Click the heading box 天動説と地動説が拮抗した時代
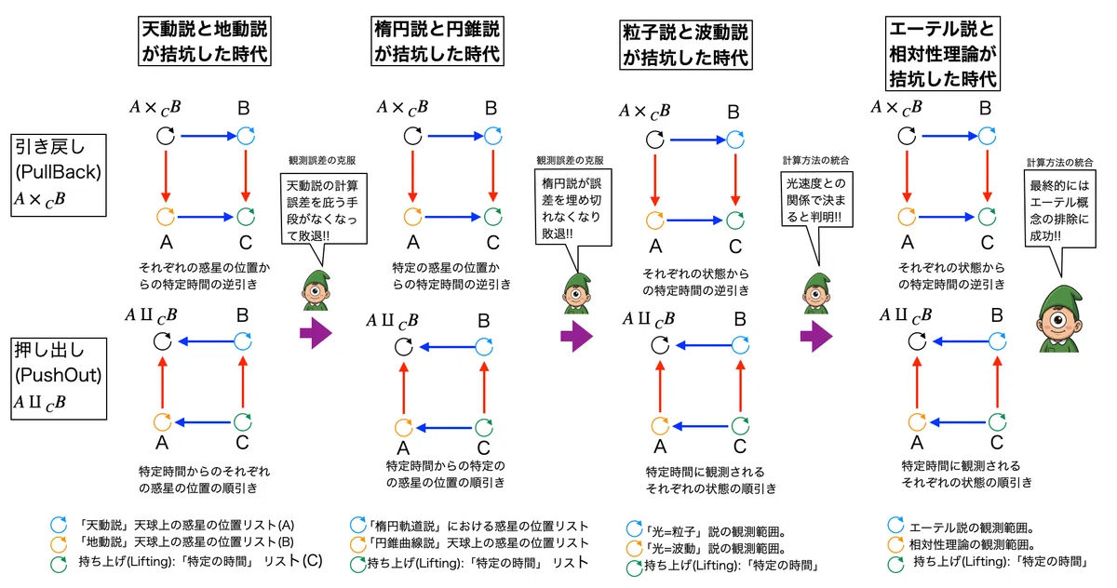[x=205, y=41]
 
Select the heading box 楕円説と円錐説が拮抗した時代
[x=437, y=41]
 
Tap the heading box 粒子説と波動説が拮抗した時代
[x=686, y=45]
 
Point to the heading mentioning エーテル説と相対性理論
[x=942, y=53]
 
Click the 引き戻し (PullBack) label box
[x=59, y=175]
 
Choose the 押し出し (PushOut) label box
[x=59, y=379]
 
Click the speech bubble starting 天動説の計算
[x=324, y=209]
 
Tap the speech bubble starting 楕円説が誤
[x=573, y=207]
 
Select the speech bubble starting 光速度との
[x=816, y=199]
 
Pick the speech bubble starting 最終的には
[x=1059, y=209]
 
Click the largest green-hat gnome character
[x=1060, y=319]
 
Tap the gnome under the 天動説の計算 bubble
[x=316, y=290]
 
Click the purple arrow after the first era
[x=316, y=333]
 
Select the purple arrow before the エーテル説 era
[x=815, y=337]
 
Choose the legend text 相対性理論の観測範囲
[x=972, y=544]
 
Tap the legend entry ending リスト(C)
[x=200, y=562]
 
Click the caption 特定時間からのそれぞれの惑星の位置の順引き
[x=204, y=479]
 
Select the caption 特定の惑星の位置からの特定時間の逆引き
[x=451, y=276]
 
